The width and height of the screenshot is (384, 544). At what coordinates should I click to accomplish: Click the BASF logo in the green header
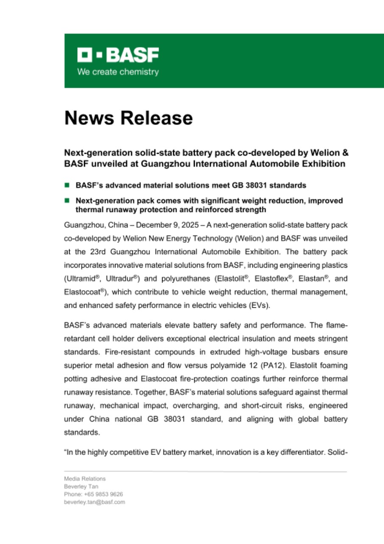118,54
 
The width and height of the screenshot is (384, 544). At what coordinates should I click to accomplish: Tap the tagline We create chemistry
118,72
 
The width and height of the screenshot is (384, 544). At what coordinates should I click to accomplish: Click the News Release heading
128,118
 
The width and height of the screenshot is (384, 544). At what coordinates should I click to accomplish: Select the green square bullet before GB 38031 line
67,185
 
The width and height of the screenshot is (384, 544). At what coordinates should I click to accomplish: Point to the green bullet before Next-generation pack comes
67,200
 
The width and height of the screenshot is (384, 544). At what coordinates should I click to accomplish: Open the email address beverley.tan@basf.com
94,502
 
